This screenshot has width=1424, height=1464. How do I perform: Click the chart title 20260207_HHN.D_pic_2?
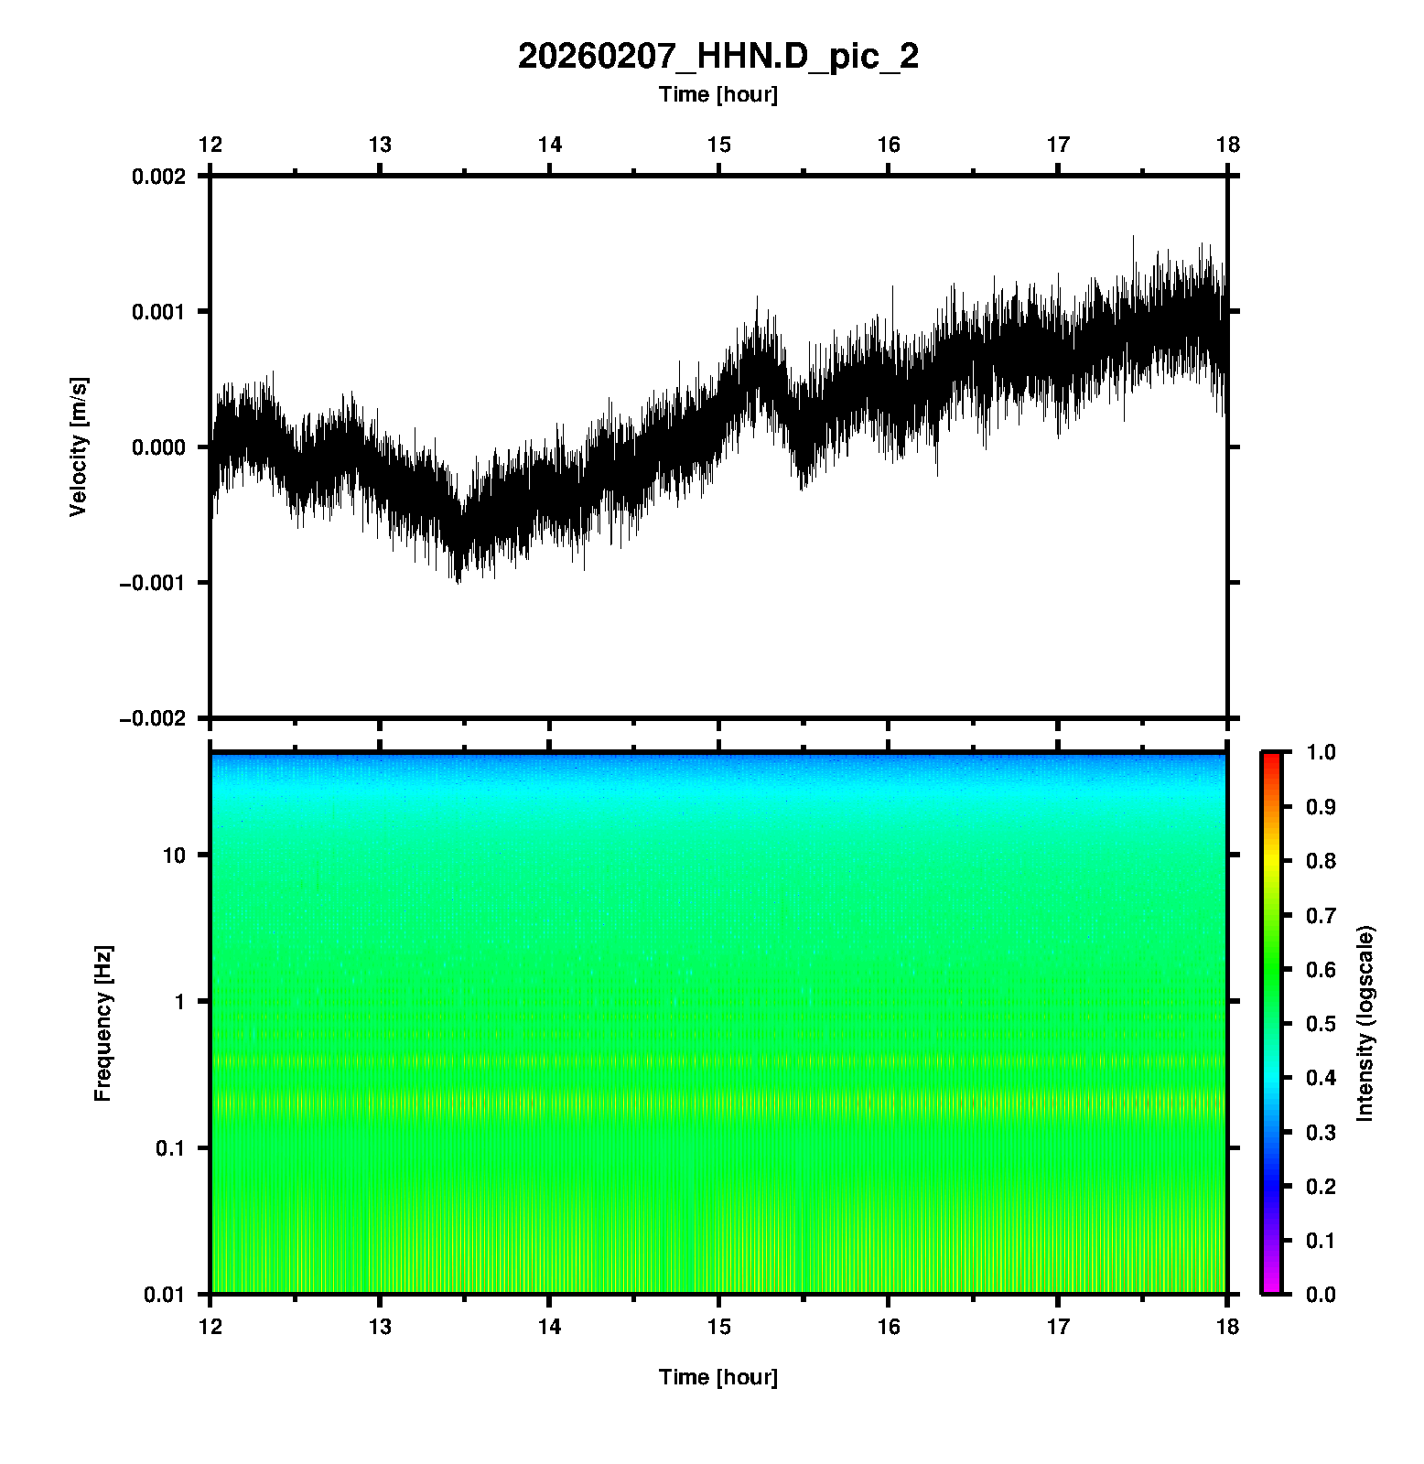[717, 57]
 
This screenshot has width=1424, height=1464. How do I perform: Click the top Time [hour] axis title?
[717, 94]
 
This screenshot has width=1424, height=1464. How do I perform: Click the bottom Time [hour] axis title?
[717, 1377]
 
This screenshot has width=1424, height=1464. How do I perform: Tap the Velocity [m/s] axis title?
[79, 447]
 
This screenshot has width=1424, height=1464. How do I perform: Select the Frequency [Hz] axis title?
[102, 1024]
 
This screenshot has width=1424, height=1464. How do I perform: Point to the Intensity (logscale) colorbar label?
[1365, 1023]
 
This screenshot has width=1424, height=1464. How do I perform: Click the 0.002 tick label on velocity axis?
[158, 177]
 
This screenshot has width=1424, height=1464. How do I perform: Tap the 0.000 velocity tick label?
[158, 447]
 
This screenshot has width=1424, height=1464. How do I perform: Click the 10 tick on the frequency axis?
[174, 856]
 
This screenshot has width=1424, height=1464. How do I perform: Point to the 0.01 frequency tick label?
[166, 1295]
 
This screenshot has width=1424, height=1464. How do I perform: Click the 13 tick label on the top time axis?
[380, 145]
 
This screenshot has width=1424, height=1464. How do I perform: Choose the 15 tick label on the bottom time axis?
[718, 1327]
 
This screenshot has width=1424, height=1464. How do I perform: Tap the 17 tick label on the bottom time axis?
[1058, 1327]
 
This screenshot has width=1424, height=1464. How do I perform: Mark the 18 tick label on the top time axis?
[1227, 145]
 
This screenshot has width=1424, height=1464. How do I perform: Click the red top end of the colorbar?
[1271, 758]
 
